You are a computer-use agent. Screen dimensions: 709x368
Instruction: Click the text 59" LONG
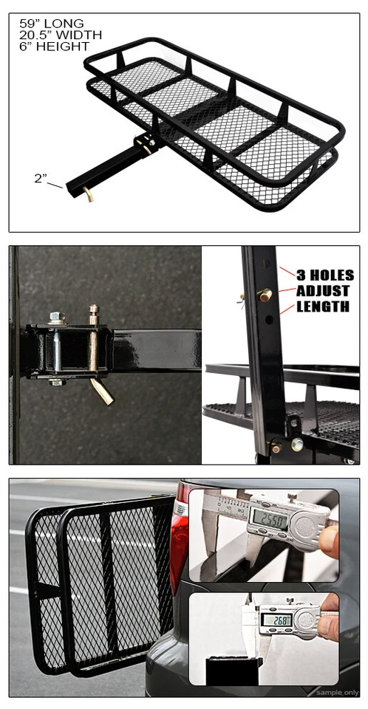[x=52, y=24]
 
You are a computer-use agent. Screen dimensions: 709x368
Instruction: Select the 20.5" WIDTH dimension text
[x=61, y=35]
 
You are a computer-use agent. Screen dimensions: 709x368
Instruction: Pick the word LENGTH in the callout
[x=323, y=306]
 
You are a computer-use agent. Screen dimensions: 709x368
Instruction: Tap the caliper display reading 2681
[x=276, y=621]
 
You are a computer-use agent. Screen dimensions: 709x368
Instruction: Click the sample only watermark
[x=338, y=692]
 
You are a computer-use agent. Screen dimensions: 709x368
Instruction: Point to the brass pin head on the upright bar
[x=264, y=295]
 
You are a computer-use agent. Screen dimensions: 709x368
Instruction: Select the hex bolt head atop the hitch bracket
[x=57, y=318]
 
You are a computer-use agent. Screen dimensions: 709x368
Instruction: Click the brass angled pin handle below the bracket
[x=102, y=391]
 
